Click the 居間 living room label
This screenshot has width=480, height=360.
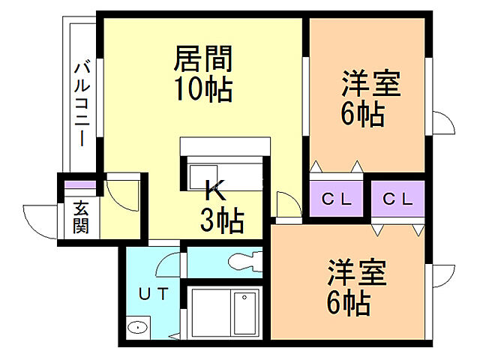203,58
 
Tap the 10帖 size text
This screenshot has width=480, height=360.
203,90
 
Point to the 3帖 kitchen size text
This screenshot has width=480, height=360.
220,219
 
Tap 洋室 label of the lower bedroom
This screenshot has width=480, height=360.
355,273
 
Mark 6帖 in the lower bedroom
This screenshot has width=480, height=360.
346,303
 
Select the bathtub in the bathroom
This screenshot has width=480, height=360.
245,313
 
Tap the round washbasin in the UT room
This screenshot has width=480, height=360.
136,328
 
